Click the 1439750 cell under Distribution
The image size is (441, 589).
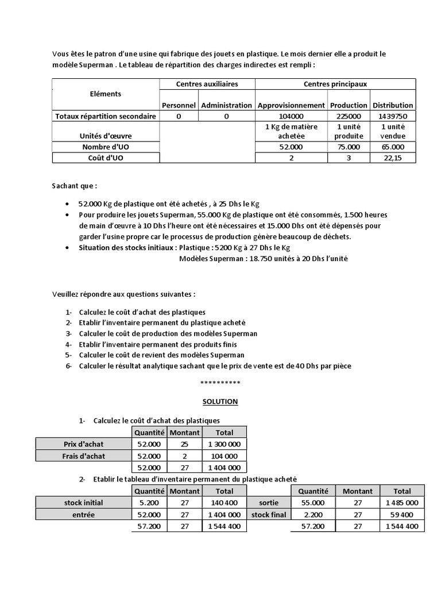(x=393, y=116)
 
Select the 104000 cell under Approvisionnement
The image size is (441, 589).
(x=291, y=116)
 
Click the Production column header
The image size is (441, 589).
(x=349, y=105)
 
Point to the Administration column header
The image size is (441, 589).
(x=226, y=105)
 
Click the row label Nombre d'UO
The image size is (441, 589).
(x=105, y=147)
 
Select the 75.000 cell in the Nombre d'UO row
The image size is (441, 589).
(x=349, y=147)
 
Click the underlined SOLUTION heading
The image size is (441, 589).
(x=220, y=401)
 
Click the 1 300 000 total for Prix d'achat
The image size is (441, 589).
(x=225, y=444)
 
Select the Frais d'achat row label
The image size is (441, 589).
(x=84, y=456)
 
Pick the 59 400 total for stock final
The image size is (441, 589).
(x=402, y=515)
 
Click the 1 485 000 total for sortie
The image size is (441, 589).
(x=402, y=503)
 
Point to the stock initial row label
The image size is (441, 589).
(x=84, y=503)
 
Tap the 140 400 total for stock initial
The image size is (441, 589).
(x=225, y=503)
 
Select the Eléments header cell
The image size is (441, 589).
(x=105, y=94)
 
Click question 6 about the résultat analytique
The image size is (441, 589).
(x=215, y=366)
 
